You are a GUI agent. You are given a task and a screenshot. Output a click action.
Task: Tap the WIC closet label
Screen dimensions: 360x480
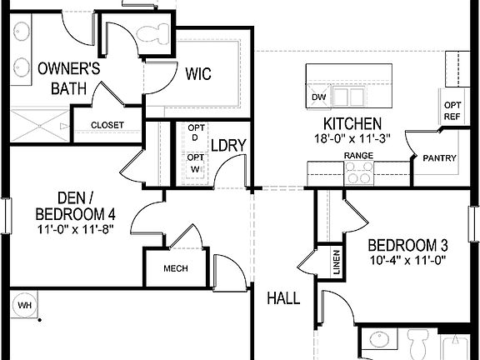197,74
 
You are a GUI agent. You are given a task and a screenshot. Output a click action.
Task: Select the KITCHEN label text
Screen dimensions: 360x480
347,123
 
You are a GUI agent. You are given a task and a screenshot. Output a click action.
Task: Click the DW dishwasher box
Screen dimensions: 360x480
317,97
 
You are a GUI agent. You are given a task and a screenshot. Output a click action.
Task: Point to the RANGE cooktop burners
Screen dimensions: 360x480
359,172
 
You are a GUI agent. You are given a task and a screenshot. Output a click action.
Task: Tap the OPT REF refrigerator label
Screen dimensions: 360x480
452,110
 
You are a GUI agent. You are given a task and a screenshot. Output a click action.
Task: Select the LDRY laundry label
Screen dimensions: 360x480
227,145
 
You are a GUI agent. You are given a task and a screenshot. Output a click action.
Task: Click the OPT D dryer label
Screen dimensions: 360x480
195,132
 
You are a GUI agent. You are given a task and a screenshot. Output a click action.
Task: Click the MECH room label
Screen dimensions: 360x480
175,268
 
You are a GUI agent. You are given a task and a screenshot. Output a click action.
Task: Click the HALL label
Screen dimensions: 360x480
283,297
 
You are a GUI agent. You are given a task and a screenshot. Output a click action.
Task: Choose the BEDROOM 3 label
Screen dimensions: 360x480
408,245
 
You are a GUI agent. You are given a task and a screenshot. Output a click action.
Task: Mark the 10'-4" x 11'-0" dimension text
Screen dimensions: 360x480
408,260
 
